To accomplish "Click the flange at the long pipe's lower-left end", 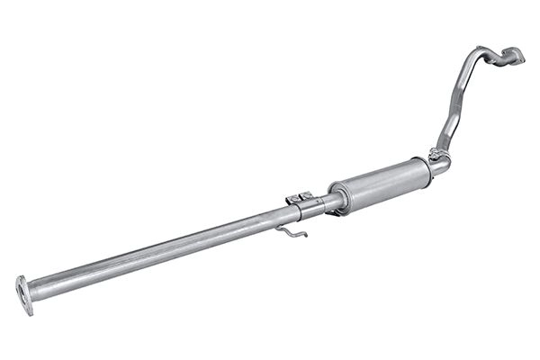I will [23, 295].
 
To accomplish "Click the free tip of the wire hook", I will [305, 236].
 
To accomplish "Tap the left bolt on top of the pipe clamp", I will [292, 197].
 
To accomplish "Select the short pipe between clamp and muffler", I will [323, 202].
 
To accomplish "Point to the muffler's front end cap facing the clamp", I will [339, 197].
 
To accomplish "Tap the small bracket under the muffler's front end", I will [334, 212].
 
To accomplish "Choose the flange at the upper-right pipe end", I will [512, 56].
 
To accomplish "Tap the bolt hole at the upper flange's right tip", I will [521, 58].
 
